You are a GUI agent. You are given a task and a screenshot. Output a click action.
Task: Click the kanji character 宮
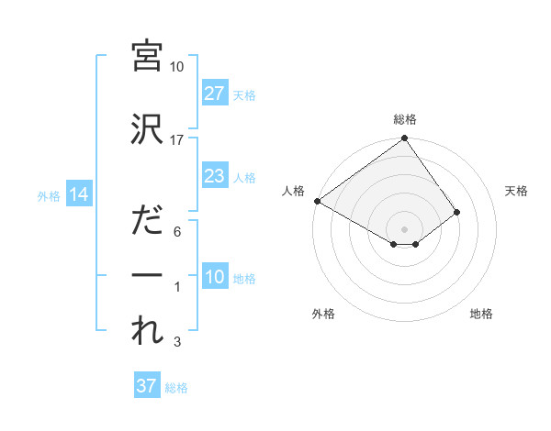tap(147, 56)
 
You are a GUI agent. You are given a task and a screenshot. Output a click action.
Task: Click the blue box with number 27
tap(214, 94)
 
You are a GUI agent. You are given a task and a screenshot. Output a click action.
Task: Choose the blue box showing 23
tap(214, 176)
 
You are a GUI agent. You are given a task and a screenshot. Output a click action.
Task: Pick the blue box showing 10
tap(214, 278)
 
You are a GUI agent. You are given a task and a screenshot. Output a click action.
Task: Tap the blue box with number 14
tap(78, 194)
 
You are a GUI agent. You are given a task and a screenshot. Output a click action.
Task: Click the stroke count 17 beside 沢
tap(177, 140)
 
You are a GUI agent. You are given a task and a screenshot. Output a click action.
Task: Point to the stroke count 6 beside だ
tap(177, 232)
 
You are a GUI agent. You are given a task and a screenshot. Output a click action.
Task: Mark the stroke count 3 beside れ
tap(177, 342)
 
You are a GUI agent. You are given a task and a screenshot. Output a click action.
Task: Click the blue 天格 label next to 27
tap(243, 94)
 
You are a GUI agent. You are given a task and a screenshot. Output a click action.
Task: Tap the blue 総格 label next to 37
tap(176, 387)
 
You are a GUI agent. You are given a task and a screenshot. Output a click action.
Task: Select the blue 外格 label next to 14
tap(49, 195)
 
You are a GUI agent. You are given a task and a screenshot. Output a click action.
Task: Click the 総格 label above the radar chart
tap(404, 119)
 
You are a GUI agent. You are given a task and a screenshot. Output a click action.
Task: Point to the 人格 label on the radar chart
tap(294, 191)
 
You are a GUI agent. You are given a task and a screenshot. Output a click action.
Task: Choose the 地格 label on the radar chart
tap(481, 314)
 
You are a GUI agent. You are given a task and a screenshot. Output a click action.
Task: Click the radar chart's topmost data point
tap(404, 138)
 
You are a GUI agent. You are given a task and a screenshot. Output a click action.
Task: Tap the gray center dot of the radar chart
tap(404, 227)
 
